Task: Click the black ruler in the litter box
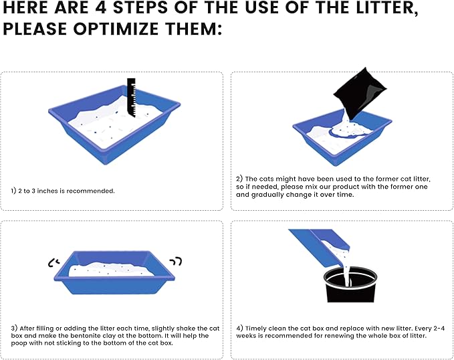131,98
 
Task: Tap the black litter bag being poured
360,93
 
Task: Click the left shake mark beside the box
53,262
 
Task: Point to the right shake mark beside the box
176,262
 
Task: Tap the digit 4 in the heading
101,7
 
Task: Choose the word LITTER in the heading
386,8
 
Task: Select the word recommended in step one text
90,191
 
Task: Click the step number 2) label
239,179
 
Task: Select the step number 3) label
14,329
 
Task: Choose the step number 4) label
239,329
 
